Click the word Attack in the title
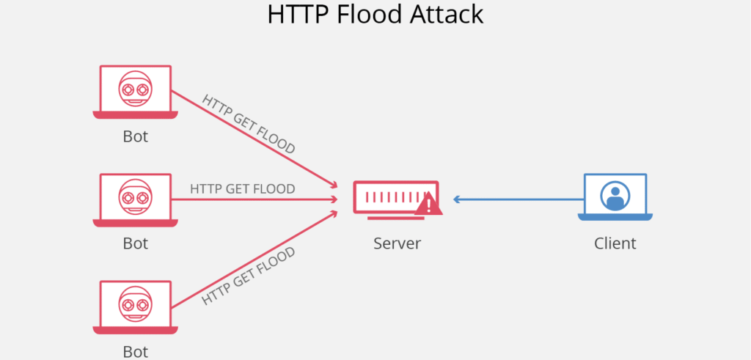pos(449,15)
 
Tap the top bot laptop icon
pos(135,92)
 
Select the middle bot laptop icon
pos(135,198)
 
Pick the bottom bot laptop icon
pos(135,307)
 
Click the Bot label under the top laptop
pos(135,136)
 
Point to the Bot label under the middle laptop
pos(135,243)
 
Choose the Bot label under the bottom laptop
pos(135,350)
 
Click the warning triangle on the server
pos(429,205)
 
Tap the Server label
pos(397,243)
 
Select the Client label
pos(615,243)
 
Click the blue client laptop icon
pos(615,197)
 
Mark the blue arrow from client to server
pos(517,199)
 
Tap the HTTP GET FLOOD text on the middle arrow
pos(242,188)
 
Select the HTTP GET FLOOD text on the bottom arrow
pos(249,276)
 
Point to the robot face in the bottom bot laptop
pos(135,303)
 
